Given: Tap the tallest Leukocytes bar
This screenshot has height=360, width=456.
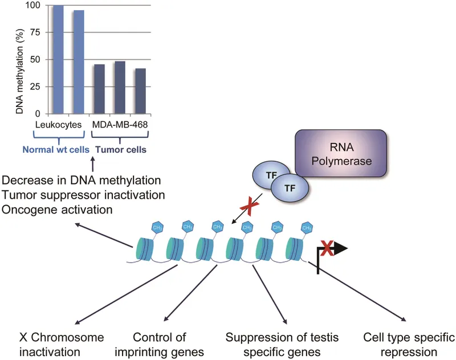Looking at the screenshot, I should pyautogui.click(x=58, y=59).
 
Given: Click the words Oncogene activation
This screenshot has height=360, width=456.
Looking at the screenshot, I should pyautogui.click(x=57, y=210).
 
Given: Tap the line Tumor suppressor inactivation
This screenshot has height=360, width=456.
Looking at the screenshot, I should pyautogui.click(x=84, y=195).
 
